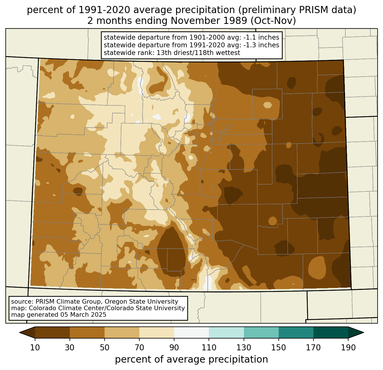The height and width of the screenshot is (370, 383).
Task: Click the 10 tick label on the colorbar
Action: (x=35, y=348)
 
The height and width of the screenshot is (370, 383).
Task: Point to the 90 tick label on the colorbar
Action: (x=174, y=348)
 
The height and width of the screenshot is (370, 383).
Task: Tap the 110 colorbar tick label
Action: (x=209, y=348)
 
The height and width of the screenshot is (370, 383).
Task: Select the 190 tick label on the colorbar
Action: (x=348, y=348)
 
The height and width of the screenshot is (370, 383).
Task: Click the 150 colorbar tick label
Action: (x=278, y=348)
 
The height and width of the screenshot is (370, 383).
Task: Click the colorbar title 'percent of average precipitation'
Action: (x=191, y=359)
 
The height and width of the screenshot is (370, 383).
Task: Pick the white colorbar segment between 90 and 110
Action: (x=191, y=332)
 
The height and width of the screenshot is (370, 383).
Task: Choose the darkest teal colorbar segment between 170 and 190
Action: (x=331, y=332)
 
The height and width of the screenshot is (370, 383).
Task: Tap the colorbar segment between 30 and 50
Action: (x=87, y=332)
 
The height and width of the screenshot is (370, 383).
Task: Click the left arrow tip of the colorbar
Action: (x=19, y=332)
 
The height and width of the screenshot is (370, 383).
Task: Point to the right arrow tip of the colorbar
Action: (x=364, y=332)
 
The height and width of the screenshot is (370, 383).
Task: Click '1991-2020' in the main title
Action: (x=104, y=10)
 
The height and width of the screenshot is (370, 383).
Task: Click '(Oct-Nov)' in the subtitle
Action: (x=273, y=21)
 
